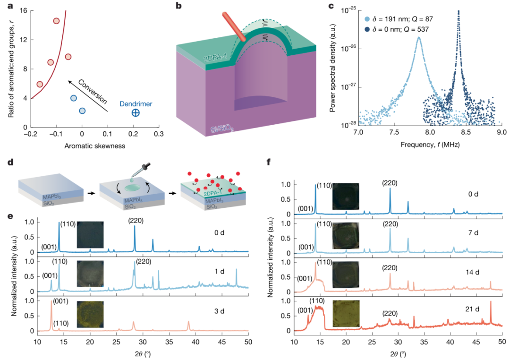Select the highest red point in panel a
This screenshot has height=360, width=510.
pyautogui.click(x=56, y=21)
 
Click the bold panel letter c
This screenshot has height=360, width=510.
pyautogui.click(x=332, y=8)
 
